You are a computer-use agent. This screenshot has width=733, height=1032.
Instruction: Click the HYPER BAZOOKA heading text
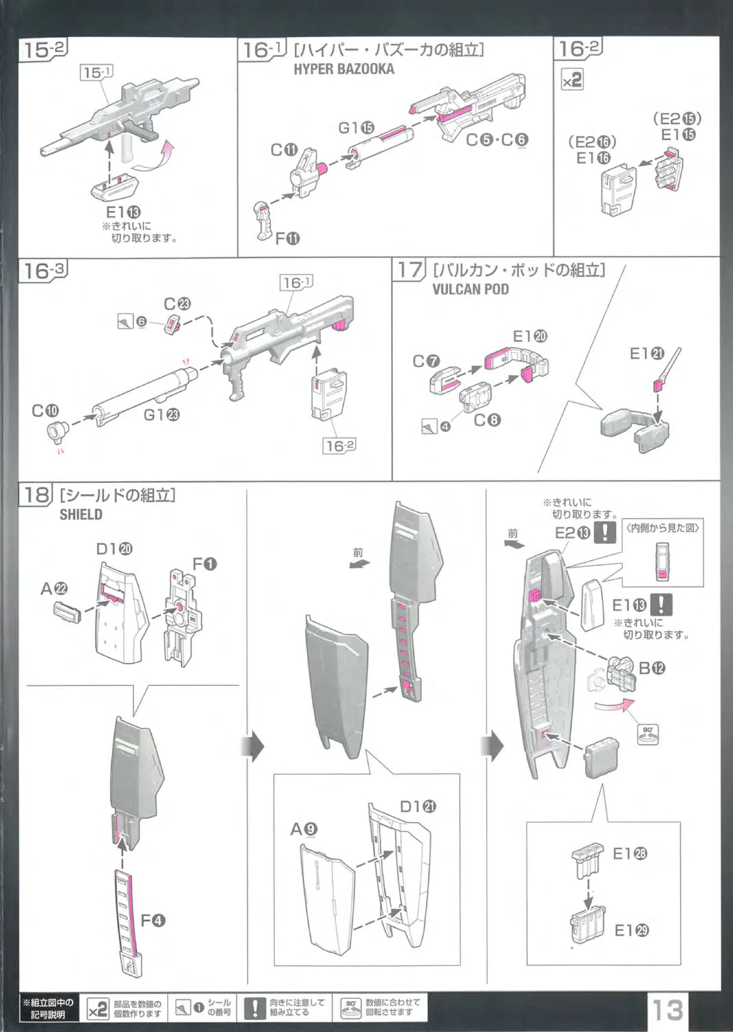[x=343, y=69]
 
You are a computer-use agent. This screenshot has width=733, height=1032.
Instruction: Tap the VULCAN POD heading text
[x=470, y=290]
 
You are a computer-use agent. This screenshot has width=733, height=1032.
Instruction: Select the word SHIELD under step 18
[x=81, y=515]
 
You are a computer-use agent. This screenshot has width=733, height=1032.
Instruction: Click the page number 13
[x=667, y=1009]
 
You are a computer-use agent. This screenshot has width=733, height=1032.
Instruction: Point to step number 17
[x=410, y=270]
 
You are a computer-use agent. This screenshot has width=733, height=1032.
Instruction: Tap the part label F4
[x=152, y=921]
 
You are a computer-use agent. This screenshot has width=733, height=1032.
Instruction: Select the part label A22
[x=54, y=589]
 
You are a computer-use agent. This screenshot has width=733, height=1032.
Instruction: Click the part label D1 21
[x=418, y=806]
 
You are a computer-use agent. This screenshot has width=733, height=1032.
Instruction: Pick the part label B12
[x=652, y=668]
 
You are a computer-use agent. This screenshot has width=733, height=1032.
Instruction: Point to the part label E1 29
[x=631, y=930]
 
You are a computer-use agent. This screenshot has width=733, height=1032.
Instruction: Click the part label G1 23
[x=161, y=415]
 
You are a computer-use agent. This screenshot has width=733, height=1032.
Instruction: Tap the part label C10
[x=45, y=411]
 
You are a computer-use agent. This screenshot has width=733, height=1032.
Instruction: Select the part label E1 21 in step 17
[x=647, y=354]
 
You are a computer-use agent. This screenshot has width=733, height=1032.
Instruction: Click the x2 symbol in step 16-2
[x=572, y=80]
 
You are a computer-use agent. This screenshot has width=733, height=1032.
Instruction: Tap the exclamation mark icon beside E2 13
[x=604, y=533]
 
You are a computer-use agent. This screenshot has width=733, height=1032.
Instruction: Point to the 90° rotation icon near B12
[x=648, y=733]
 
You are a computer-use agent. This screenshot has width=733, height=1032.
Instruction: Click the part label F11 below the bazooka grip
[x=287, y=239]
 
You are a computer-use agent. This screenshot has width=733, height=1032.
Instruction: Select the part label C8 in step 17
[x=487, y=420]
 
